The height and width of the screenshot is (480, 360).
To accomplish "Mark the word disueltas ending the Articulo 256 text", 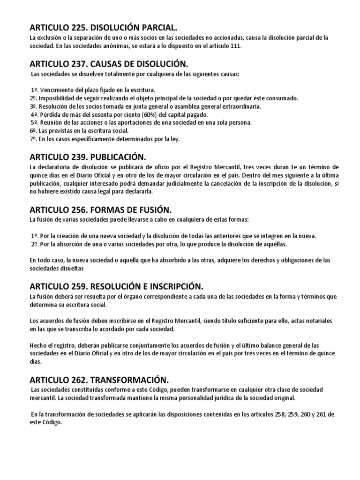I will [70, 269].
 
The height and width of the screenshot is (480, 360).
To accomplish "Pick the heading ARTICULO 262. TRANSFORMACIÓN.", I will [98, 380].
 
